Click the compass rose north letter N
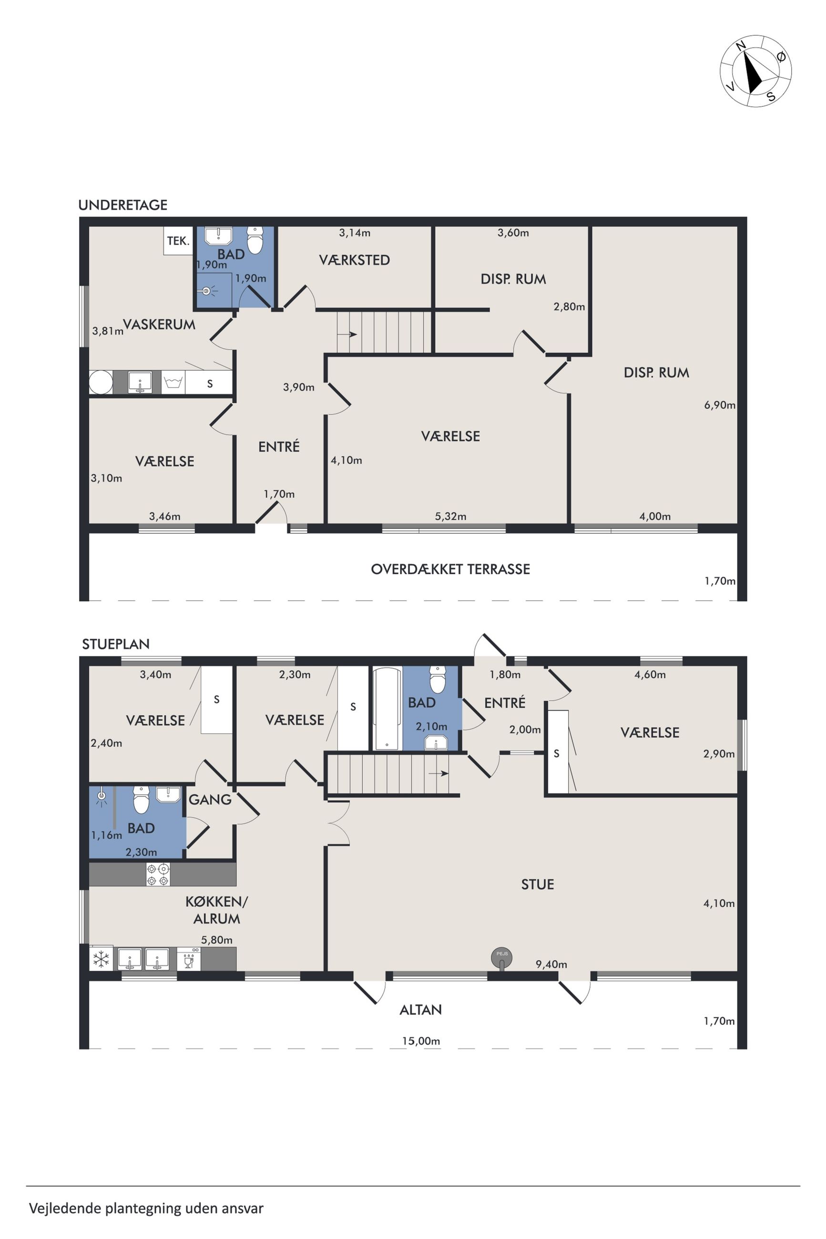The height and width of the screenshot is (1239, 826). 741,46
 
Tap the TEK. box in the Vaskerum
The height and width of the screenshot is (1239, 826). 178,241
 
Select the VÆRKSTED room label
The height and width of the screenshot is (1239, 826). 355,260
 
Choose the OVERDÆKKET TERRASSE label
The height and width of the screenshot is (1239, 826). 450,569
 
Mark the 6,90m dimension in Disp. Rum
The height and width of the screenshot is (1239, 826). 720,405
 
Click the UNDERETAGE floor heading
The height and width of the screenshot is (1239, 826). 123,205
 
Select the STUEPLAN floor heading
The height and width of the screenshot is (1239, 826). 116,644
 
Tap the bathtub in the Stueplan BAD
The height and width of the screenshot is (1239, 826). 387,708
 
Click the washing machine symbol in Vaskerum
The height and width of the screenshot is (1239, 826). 172,382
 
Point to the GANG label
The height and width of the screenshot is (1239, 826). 210,799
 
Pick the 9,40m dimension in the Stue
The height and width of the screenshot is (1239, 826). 551,964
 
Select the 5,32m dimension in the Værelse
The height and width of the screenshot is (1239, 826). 450,517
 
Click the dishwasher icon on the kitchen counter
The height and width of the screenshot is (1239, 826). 189,958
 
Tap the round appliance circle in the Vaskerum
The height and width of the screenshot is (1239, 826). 101,382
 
